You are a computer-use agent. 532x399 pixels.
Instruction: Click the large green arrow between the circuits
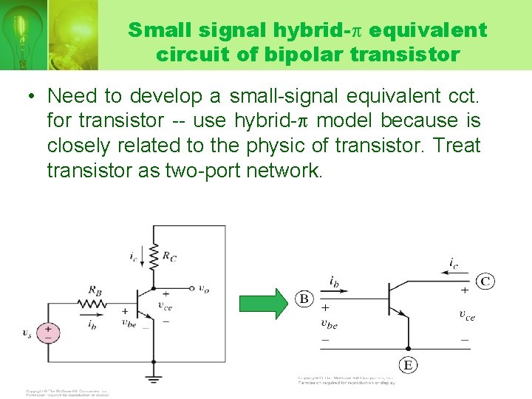pos(265,303)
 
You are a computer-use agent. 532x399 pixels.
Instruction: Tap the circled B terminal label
pos(304,299)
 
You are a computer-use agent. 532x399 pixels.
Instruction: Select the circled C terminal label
pos(485,281)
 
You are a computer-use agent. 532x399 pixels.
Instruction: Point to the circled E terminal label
pos(407,364)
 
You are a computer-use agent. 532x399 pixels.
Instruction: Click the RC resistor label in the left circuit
pos(169,257)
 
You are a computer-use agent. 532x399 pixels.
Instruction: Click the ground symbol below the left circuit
pos(154,379)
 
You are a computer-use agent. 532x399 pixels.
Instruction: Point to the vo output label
pos(204,289)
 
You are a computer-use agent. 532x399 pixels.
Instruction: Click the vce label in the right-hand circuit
pos(467,316)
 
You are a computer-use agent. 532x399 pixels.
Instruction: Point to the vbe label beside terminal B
pos(329,322)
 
